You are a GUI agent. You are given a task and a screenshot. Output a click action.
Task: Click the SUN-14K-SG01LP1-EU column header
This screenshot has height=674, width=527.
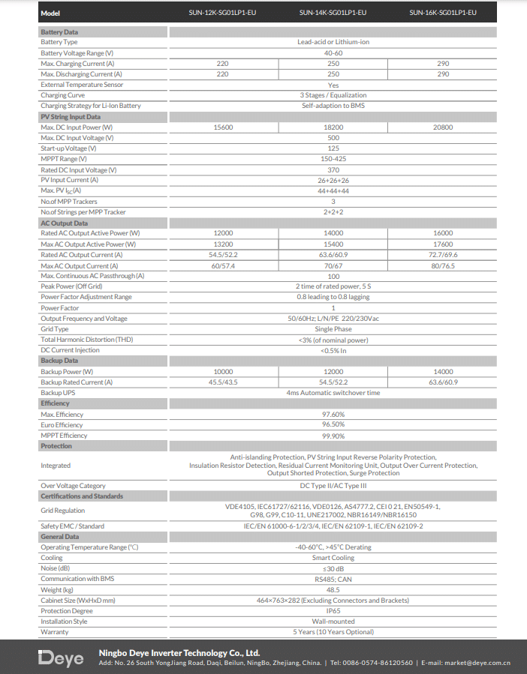(x=333, y=13)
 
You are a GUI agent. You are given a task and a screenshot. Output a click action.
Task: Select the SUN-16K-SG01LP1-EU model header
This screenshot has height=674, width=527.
(x=443, y=13)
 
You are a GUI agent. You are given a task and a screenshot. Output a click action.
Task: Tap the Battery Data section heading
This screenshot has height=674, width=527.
(x=59, y=32)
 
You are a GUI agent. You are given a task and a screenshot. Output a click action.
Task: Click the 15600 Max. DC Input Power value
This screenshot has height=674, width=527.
(x=223, y=127)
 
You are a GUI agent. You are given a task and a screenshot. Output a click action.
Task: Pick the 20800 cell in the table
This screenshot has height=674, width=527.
(x=443, y=127)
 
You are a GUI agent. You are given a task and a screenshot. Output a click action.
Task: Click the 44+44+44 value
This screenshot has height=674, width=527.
(x=333, y=191)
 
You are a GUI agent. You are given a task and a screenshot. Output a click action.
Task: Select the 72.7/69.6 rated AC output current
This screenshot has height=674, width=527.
(x=443, y=255)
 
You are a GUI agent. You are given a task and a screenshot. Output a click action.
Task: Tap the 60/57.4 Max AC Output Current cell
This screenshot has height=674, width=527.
(x=223, y=266)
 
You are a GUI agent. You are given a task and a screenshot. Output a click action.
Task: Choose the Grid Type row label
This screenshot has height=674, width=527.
(x=55, y=329)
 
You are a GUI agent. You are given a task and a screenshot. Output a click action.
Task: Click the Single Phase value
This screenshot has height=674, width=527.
(x=333, y=329)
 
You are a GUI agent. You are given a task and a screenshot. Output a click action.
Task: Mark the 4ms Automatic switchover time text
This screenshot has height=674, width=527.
(x=333, y=393)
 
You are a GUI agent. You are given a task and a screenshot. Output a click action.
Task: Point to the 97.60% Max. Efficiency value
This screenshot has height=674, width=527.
(x=333, y=415)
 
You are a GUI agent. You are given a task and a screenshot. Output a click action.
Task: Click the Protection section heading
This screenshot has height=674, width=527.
(x=56, y=446)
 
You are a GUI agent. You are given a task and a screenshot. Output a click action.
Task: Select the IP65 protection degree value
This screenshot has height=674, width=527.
(x=333, y=611)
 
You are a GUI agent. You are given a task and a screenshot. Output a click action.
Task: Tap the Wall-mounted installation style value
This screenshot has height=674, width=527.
(x=333, y=622)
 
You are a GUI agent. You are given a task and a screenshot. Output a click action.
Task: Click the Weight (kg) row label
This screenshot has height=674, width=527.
(x=57, y=590)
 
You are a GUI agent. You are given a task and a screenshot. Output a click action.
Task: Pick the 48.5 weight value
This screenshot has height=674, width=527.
(x=333, y=590)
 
